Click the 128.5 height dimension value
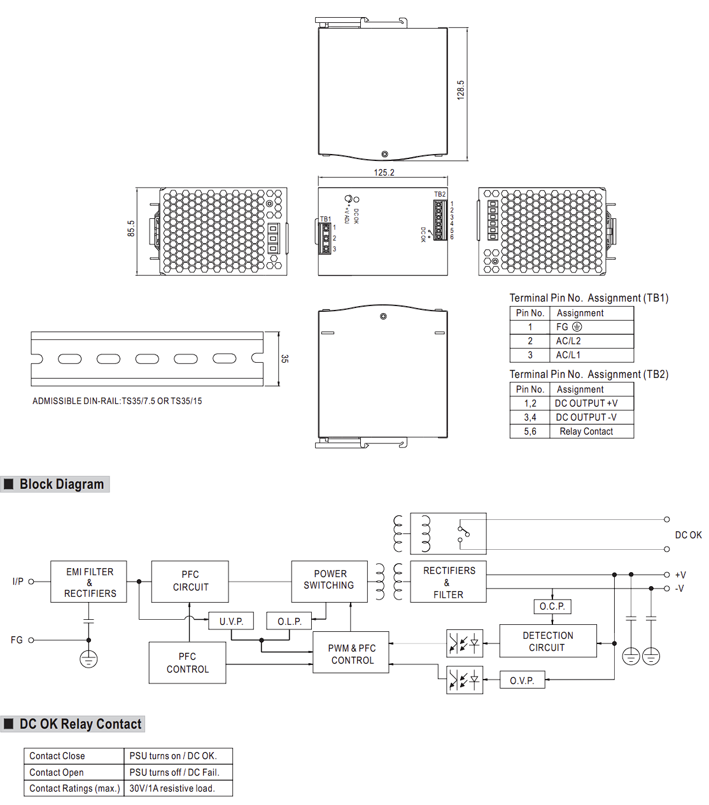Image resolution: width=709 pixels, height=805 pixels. pos(460,90)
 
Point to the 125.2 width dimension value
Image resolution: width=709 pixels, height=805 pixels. pos(384,172)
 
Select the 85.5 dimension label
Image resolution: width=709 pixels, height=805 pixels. pos(131,228)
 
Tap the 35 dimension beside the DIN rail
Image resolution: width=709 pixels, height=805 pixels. pos(284,358)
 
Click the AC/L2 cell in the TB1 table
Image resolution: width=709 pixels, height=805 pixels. pos(568,341)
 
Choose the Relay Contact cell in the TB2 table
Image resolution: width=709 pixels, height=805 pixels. pos(586,431)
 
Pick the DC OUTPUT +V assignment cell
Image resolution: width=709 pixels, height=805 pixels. pos(586,403)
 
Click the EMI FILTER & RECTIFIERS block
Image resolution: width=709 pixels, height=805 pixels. pos(88,582)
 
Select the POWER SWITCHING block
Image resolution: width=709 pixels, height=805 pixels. pos(329,581)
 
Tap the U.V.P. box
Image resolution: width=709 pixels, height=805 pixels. pos(231,621)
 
